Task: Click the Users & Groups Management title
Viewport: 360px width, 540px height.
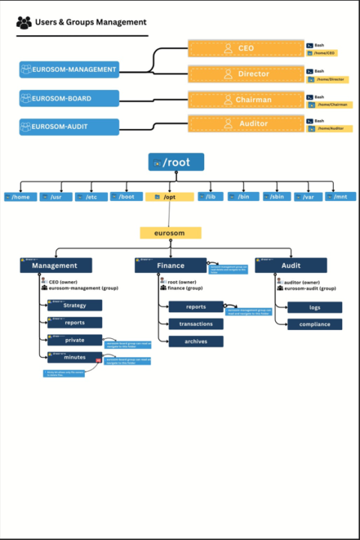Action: (90, 22)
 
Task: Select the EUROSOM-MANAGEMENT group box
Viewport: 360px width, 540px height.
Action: (69, 70)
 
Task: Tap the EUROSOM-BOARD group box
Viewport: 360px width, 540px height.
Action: (69, 98)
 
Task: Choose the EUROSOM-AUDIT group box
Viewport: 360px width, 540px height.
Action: (69, 126)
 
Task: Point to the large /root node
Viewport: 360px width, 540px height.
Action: (175, 162)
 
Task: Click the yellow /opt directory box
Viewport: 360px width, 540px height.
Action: (169, 196)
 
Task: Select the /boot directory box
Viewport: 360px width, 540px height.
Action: (126, 196)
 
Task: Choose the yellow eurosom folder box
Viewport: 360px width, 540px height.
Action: (170, 233)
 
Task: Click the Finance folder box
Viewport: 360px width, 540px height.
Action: (170, 265)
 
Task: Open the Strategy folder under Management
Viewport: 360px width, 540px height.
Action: (75, 305)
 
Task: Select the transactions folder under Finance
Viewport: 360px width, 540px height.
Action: (196, 324)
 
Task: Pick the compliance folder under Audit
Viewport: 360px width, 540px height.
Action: (314, 325)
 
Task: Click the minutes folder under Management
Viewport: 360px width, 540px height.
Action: (75, 357)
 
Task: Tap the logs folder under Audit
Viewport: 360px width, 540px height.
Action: (314, 307)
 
